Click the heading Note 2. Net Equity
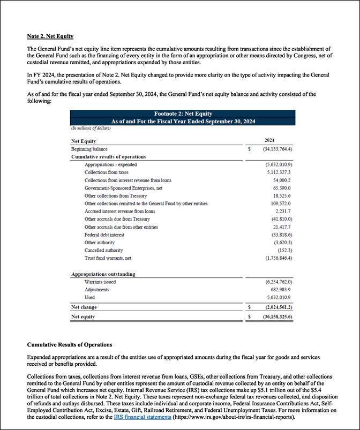coord(50,36)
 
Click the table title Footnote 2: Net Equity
coord(183,114)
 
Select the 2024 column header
coord(269,140)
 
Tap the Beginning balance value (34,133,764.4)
coord(277,149)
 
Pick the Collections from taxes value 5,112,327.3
coord(279,172)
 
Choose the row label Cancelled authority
coord(103,250)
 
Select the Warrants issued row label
coord(100,282)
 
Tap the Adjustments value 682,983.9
coord(281,290)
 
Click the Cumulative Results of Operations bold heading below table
coord(70,344)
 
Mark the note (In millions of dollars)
coord(91,129)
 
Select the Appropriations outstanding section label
coord(103,274)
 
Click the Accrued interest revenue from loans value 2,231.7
coord(283,211)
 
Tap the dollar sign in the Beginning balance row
coord(249,149)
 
